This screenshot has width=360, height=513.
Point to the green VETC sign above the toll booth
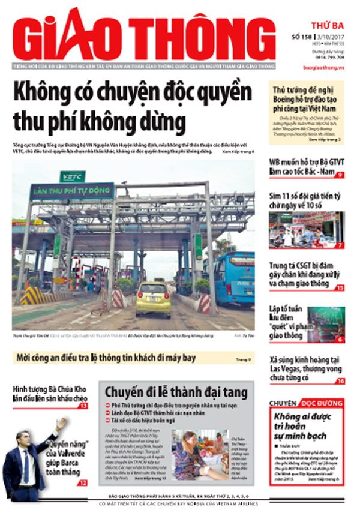click(x=73, y=176)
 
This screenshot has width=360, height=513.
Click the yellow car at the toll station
click(x=153, y=299)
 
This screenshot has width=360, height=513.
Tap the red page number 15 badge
click(x=340, y=288)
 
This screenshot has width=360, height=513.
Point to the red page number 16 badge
click(x=340, y=382)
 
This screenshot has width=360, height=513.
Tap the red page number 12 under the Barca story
click(x=83, y=482)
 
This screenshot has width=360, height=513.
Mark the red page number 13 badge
click(x=83, y=406)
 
